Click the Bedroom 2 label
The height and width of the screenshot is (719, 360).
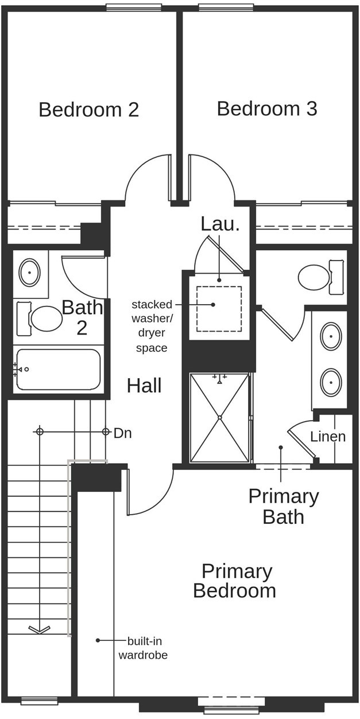88,110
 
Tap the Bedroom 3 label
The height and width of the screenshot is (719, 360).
267,109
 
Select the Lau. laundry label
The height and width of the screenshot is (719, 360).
220,224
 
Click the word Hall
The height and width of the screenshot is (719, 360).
144,386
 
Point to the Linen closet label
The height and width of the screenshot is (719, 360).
328,437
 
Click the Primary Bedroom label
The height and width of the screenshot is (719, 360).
235,581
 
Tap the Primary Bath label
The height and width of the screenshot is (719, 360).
283,506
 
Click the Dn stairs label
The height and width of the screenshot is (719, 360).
122,433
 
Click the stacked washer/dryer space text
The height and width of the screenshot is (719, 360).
152,326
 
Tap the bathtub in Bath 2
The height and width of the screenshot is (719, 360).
58,370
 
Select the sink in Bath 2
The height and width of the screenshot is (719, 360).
29,272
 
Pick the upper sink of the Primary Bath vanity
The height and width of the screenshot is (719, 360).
331,337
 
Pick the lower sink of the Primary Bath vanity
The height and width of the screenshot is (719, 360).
331,381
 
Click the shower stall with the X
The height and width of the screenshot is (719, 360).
220,417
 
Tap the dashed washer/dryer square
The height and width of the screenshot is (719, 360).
219,309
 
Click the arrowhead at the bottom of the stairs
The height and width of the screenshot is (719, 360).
38,629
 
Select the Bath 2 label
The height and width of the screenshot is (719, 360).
82,317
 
